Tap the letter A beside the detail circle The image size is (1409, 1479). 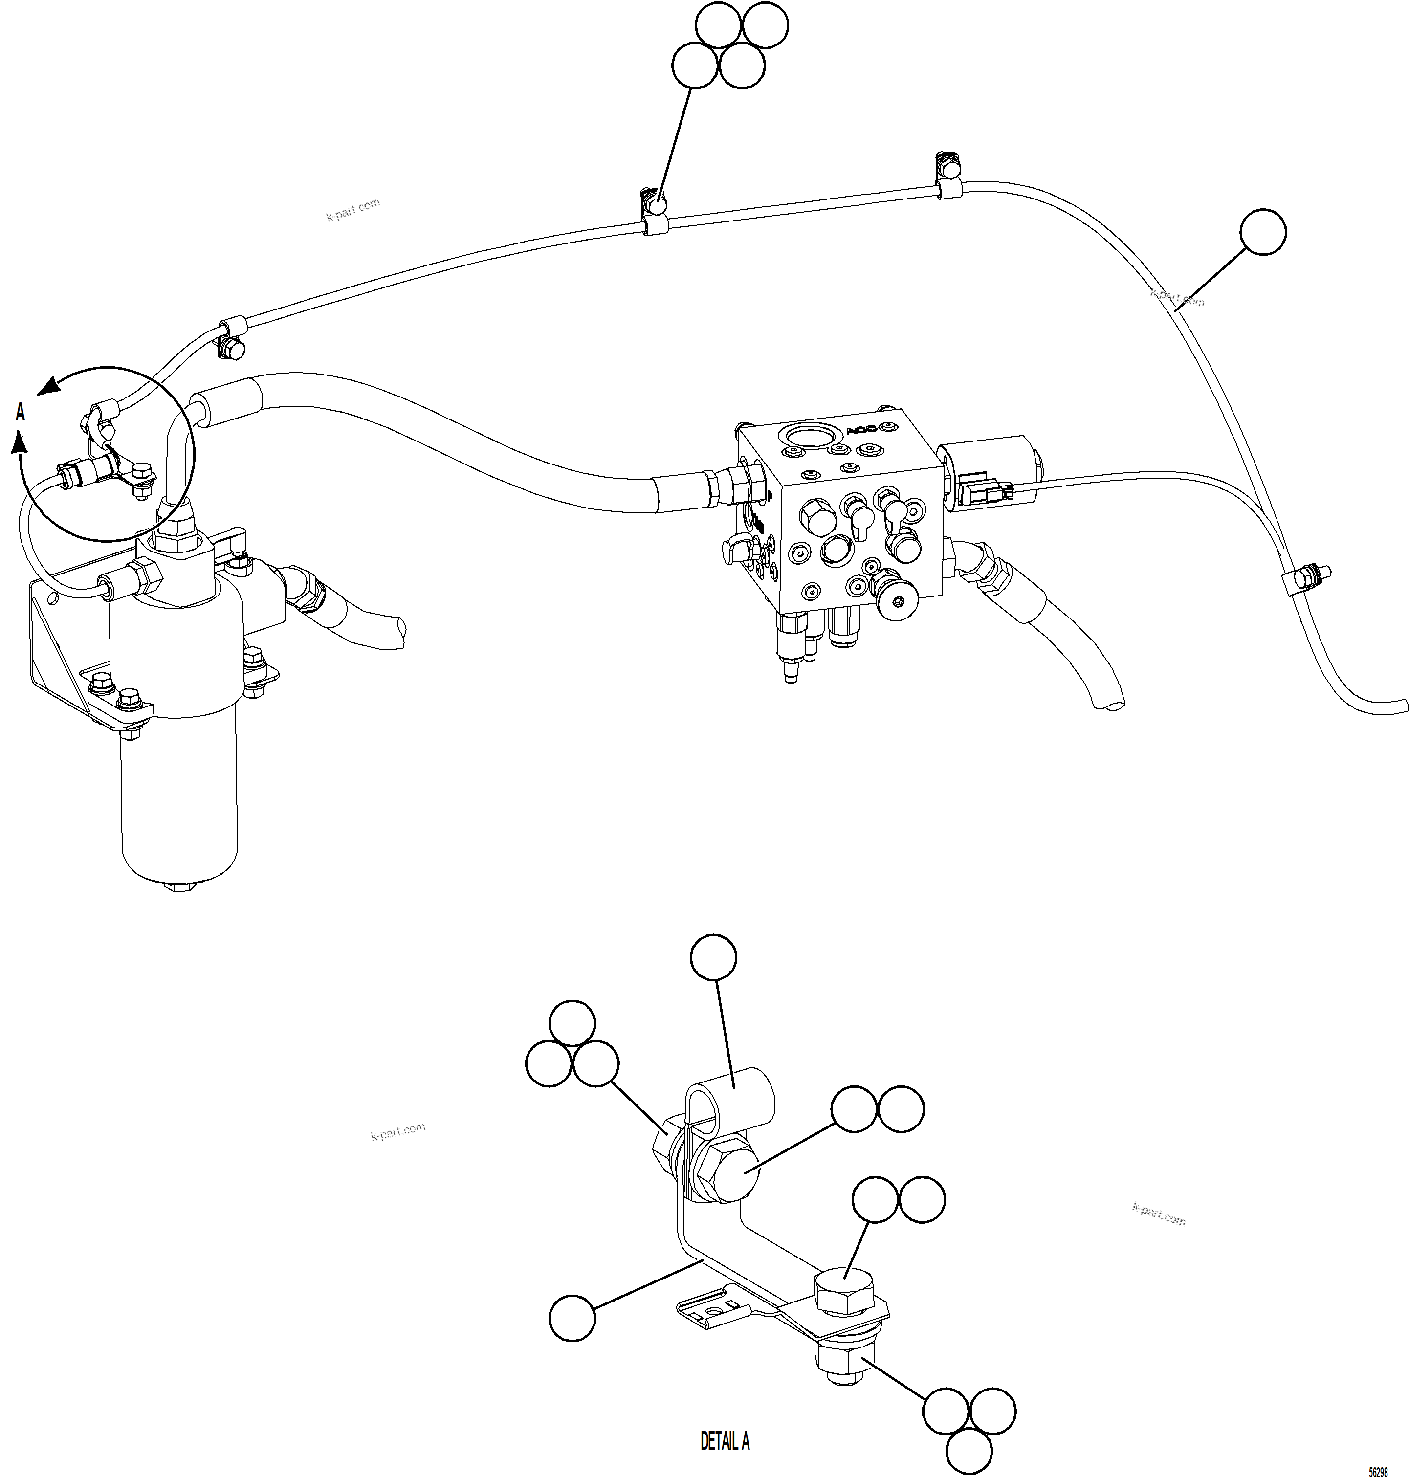point(20,412)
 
